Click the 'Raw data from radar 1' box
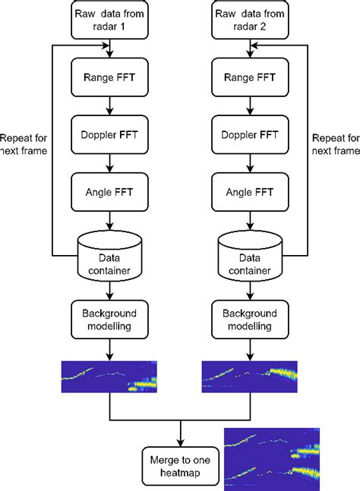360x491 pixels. (x=111, y=20)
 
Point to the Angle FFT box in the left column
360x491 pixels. (x=111, y=192)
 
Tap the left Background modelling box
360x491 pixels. (x=111, y=319)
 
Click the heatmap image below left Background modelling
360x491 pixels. (x=111, y=376)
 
